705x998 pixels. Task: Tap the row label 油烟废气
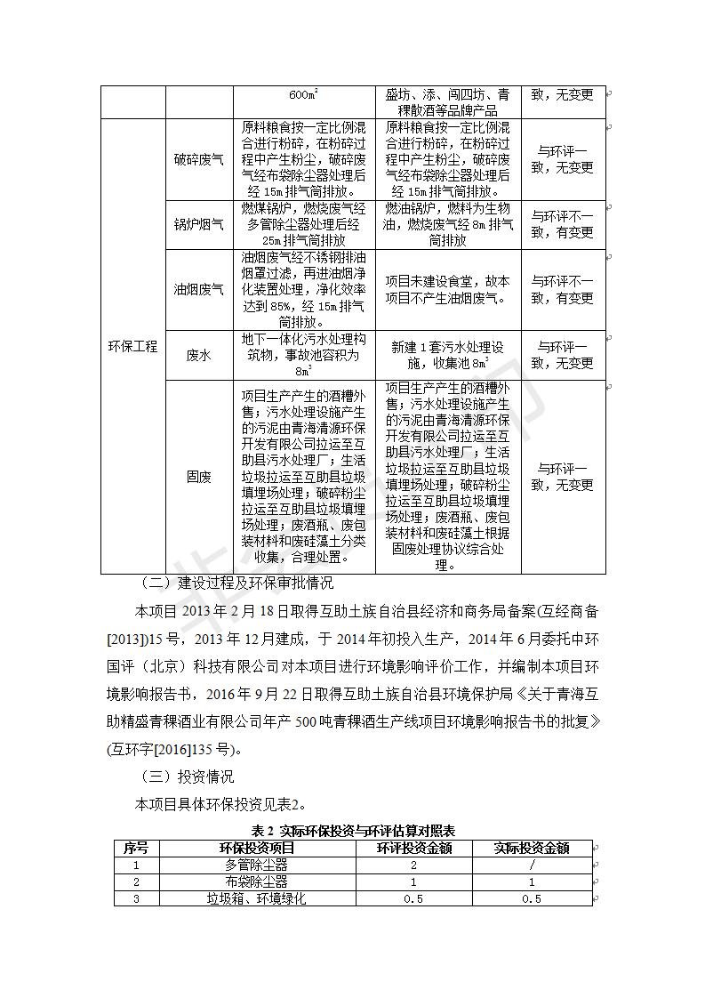pyautogui.click(x=198, y=289)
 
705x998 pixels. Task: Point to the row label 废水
pyautogui.click(x=198, y=355)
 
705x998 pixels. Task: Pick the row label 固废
pyautogui.click(x=198, y=477)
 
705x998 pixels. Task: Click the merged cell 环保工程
pyautogui.click(x=132, y=346)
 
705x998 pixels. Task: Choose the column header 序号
pyautogui.click(x=136, y=848)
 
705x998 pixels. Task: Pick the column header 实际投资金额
pyautogui.click(x=532, y=848)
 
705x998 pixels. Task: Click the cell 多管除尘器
pyautogui.click(x=257, y=865)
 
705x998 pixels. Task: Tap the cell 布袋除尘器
pyautogui.click(x=257, y=881)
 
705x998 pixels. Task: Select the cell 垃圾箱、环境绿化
pyautogui.click(x=257, y=898)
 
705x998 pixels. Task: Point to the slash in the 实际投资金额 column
pyautogui.click(x=532, y=865)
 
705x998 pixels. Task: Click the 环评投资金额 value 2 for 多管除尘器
pyautogui.click(x=414, y=865)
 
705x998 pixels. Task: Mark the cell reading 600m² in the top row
pyautogui.click(x=304, y=95)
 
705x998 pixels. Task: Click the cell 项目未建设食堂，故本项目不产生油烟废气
pyautogui.click(x=448, y=289)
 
